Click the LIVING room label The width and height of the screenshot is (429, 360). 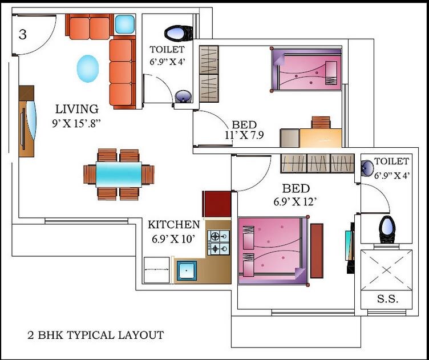pos(76,108)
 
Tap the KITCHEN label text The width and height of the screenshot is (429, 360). pos(174,225)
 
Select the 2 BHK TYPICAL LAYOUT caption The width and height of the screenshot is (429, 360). pos(95,335)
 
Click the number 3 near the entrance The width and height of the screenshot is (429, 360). pos(22,35)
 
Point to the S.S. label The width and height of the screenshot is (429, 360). pos(387,299)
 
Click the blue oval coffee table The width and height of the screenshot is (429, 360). pos(87,68)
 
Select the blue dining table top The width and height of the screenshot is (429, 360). pos(119,174)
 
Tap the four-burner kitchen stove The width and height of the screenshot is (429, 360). pos(218,242)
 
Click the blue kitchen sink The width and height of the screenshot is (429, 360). pos(187,271)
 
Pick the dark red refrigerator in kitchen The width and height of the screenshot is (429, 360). pos(217,204)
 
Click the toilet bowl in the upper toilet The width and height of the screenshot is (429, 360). pos(179,32)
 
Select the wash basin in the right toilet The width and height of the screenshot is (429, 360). pos(368,167)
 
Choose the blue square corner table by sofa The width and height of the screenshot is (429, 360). pos(124,25)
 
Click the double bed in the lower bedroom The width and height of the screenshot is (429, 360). pos(273,250)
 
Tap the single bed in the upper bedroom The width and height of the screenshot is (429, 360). pos(305,70)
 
